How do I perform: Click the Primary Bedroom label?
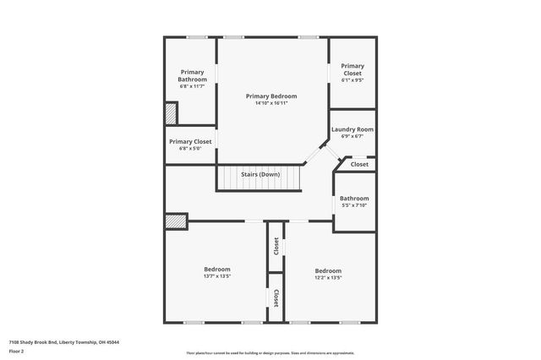[x=271, y=96]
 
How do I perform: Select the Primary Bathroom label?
[x=192, y=76]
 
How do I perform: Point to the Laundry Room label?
[x=352, y=129]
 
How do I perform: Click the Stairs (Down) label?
[x=260, y=174]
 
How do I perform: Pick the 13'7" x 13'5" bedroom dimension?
[x=216, y=276]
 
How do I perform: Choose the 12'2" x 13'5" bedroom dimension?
[x=328, y=277]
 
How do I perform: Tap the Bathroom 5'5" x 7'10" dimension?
[x=352, y=205]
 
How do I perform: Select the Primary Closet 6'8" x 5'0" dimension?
[x=190, y=149]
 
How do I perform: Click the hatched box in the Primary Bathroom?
[x=171, y=113]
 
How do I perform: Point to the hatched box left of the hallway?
[x=175, y=220]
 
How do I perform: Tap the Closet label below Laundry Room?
[x=359, y=164]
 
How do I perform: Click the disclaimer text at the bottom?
[x=270, y=353]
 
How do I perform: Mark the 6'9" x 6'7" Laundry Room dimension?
[x=352, y=136]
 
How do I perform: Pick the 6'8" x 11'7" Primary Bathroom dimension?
[x=192, y=86]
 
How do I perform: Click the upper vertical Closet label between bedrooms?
[x=276, y=246]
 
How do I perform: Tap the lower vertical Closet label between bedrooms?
[x=276, y=297]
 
